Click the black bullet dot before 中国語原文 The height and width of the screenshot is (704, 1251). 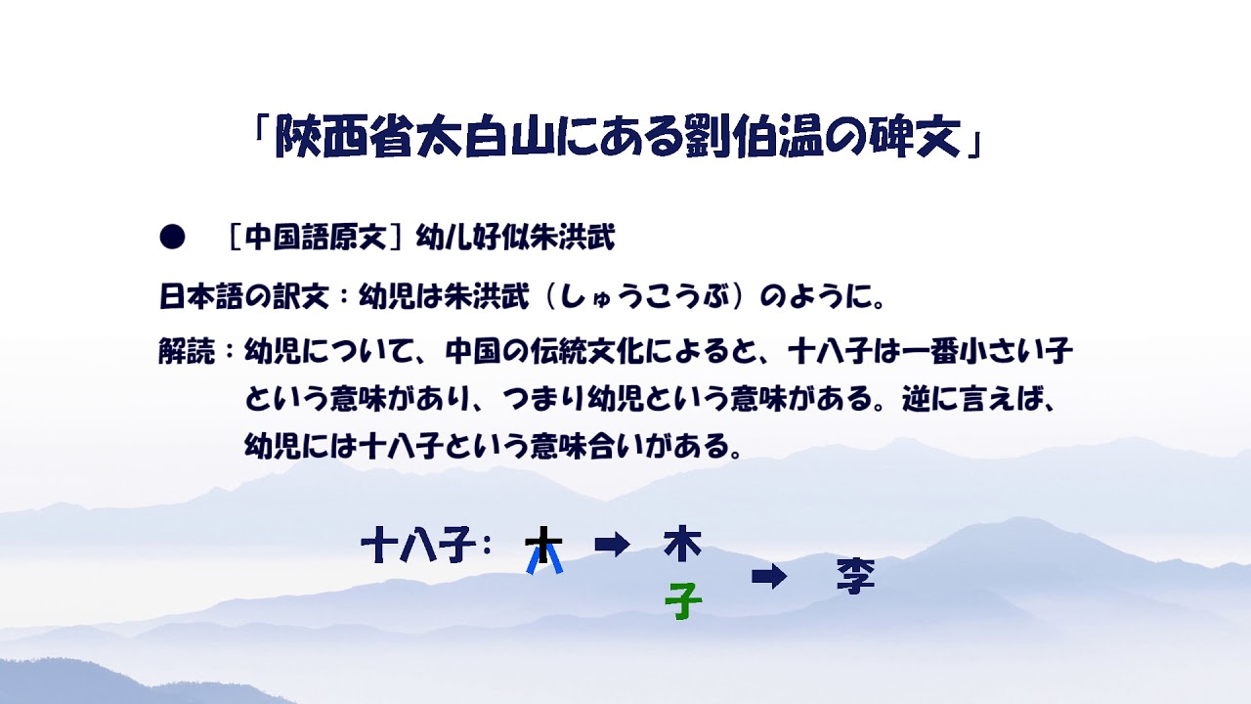click(x=172, y=237)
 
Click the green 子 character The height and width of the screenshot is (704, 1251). click(x=683, y=600)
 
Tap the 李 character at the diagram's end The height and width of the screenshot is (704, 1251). click(x=855, y=576)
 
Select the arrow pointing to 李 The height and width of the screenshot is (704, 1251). click(x=769, y=577)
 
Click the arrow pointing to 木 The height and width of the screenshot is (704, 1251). click(x=612, y=545)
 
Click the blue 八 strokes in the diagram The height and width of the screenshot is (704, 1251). click(x=544, y=559)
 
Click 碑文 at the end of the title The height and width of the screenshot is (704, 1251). click(x=914, y=136)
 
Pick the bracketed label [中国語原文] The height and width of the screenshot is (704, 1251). click(x=316, y=238)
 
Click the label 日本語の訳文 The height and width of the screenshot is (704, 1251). click(x=244, y=296)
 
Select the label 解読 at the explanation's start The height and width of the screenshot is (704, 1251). click(x=187, y=351)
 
